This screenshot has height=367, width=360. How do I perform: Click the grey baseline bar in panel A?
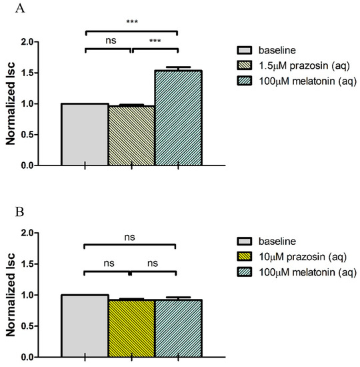(85, 134)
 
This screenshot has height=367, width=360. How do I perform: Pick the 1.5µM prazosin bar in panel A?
(131, 135)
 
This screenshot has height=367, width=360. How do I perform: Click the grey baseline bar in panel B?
(85, 326)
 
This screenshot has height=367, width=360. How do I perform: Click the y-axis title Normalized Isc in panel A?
(12, 103)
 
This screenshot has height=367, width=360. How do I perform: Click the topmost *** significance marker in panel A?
(131, 22)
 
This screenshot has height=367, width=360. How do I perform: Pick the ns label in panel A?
(108, 41)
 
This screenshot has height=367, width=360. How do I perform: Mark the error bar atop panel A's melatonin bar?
(178, 68)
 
